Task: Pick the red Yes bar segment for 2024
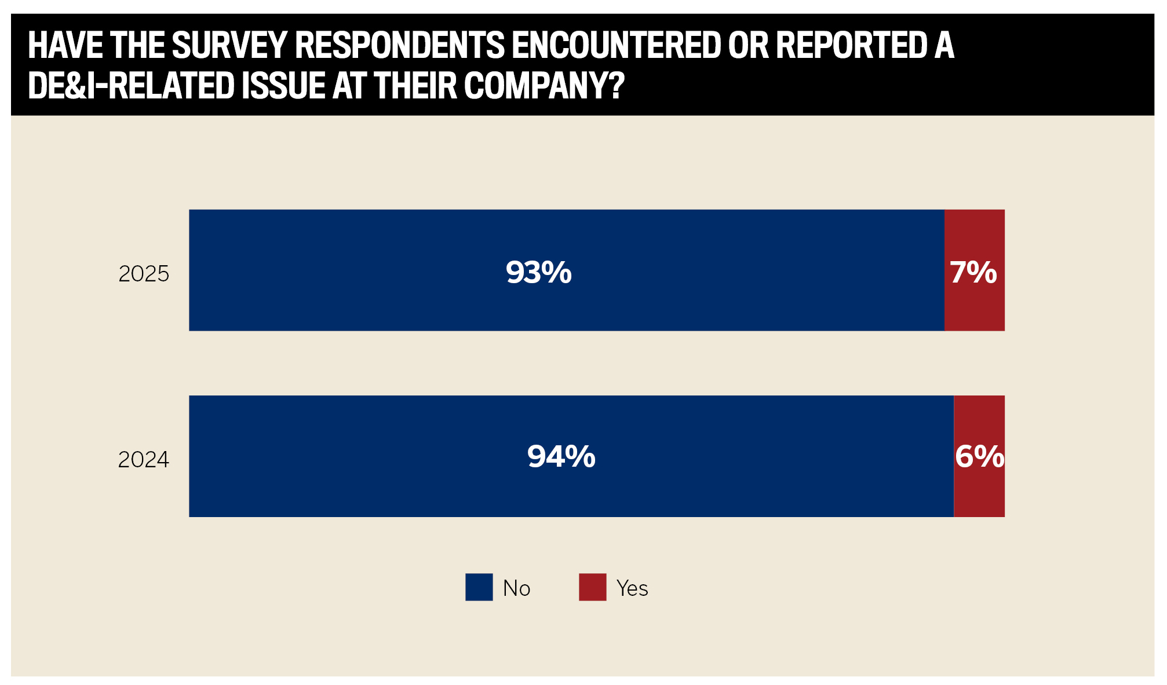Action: [979, 492]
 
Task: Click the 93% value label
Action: [538, 272]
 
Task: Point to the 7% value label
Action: [973, 272]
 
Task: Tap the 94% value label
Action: [561, 457]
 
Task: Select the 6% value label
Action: [979, 457]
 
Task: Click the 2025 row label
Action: [144, 274]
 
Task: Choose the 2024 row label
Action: [144, 460]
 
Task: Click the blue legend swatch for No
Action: [479, 587]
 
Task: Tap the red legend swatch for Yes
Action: [592, 587]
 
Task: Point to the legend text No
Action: [516, 588]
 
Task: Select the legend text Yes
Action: [632, 588]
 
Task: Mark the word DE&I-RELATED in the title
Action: [131, 86]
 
